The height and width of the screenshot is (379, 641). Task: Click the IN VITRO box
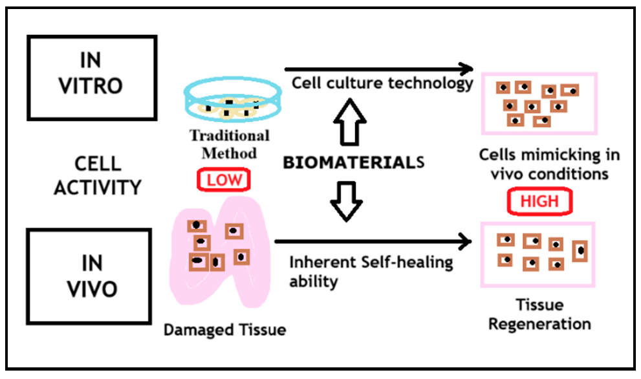(92, 78)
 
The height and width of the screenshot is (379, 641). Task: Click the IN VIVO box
(92, 276)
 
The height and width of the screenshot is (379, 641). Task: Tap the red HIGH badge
(539, 201)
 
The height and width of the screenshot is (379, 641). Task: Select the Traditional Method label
(229, 144)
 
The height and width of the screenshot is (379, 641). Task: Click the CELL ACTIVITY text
(97, 175)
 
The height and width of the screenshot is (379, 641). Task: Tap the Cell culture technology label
(382, 83)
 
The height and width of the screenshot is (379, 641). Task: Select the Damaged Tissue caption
(224, 330)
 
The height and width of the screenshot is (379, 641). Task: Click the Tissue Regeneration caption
(539, 314)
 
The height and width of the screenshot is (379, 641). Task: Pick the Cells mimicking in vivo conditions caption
(549, 164)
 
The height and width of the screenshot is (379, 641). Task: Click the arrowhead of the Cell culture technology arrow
(466, 68)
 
